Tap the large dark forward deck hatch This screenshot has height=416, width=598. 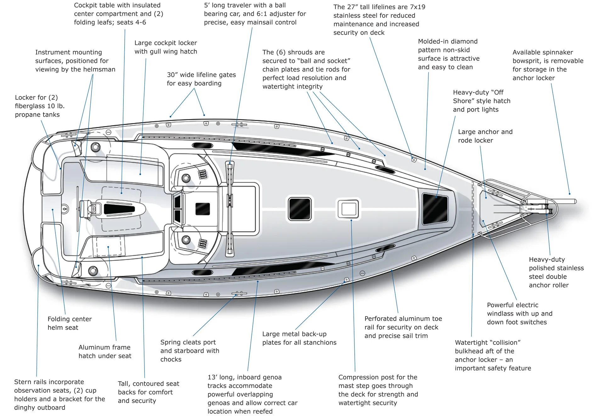tap(435, 208)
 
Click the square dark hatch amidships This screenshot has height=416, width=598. tap(300, 208)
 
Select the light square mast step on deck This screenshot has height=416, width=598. tap(349, 208)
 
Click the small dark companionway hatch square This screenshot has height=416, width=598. tap(202, 209)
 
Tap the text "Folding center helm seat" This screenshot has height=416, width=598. tap(70, 323)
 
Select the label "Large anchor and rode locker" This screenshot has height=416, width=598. tap(485, 136)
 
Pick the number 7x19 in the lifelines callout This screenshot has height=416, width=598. tap(417, 7)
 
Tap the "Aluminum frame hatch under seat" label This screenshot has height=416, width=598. tap(105, 351)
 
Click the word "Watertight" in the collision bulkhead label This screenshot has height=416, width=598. tap(471, 343)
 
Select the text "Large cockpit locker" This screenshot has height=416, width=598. tap(166, 43)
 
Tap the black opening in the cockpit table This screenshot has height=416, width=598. tap(119, 209)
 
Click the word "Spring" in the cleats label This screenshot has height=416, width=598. tap(171, 342)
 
